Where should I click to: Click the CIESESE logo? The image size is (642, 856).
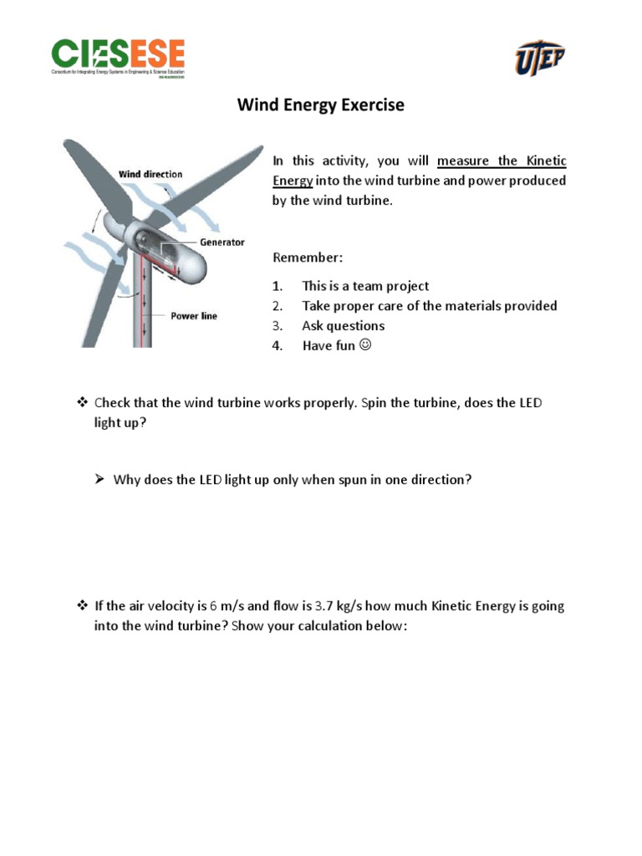118,56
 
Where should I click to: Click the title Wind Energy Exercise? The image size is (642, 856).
321,105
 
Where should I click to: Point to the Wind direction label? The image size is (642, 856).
150,175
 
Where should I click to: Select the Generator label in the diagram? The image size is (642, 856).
222,242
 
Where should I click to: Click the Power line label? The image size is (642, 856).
194,316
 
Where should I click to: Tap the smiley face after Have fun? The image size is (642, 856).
364,345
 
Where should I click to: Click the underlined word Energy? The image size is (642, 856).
292,181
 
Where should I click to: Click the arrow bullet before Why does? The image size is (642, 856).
99,480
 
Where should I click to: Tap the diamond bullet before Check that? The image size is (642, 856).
82,403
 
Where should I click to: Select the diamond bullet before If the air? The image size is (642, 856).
82,606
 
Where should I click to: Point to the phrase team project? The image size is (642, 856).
400,286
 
